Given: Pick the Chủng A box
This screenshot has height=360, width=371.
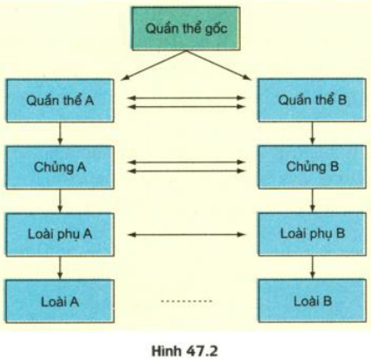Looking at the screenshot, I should coord(59,166).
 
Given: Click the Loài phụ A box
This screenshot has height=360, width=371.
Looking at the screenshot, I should coord(59,234).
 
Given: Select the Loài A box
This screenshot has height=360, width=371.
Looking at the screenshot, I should coord(59,301).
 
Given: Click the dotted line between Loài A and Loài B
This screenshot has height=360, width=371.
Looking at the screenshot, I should coord(186,301).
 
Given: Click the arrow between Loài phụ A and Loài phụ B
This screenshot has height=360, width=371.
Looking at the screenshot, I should coord(186,234).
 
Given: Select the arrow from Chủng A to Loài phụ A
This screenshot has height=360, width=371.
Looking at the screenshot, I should coord(59,200).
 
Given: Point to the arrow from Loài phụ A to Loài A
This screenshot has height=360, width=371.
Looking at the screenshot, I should coord(59,267).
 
